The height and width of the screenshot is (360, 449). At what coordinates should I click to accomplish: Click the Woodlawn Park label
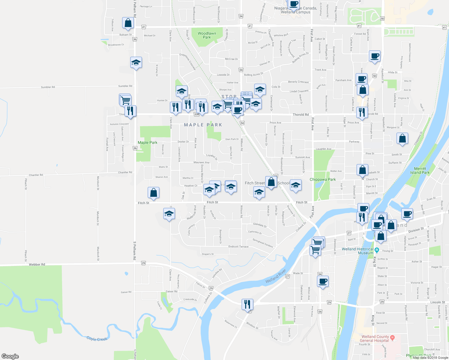(207, 35)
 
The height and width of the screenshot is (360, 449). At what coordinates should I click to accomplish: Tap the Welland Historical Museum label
(357, 251)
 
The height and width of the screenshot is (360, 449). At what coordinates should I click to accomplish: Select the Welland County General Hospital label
(375, 339)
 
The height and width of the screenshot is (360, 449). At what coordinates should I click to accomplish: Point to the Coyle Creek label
(97, 339)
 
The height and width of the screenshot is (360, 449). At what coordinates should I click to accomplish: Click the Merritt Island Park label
(420, 171)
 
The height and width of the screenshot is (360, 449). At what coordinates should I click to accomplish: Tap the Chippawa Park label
(323, 179)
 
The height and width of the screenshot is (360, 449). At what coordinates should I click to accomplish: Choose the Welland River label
(276, 276)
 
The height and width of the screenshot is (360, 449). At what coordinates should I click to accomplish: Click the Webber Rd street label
(37, 265)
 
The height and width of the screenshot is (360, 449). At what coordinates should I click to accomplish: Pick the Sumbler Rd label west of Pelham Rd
(48, 87)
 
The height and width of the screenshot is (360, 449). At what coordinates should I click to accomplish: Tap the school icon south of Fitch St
(169, 214)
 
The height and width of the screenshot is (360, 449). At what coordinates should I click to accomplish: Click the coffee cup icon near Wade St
(323, 282)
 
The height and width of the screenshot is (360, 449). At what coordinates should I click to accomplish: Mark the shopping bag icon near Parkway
(402, 139)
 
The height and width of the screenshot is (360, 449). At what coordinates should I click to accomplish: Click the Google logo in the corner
(10, 356)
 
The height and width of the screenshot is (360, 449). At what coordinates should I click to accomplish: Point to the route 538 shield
(197, 114)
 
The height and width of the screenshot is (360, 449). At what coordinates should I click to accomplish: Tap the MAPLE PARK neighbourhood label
(203, 125)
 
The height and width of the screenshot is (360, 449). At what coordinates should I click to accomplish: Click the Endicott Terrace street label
(238, 247)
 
